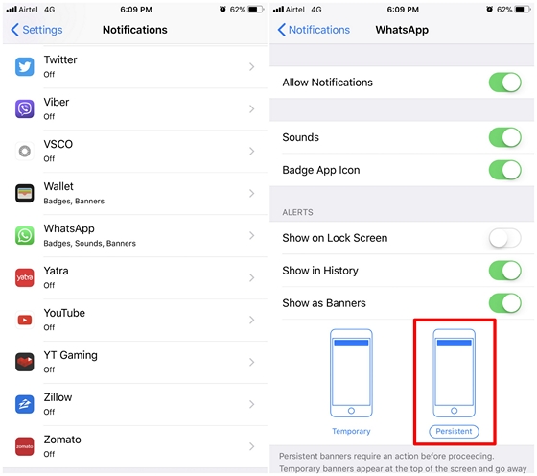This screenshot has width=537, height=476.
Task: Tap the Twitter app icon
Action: click(25, 66)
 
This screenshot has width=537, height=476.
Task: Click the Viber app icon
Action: click(25, 109)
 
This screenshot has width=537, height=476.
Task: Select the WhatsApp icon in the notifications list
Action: click(25, 235)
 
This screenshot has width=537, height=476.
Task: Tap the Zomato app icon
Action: click(25, 446)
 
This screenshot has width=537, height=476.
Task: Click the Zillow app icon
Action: click(25, 404)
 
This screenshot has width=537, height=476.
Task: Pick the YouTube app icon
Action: click(25, 320)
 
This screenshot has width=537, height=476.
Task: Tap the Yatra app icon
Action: click(25, 277)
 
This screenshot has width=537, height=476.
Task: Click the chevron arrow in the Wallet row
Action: click(251, 193)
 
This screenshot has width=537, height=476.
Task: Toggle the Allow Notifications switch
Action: click(504, 83)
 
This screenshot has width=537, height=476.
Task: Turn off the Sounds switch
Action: click(504, 137)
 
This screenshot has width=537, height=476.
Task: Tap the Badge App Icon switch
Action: click(504, 170)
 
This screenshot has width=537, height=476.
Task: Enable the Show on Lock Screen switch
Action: click(504, 238)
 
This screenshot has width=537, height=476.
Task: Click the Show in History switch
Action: click(504, 271)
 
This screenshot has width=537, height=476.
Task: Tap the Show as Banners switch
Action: click(504, 303)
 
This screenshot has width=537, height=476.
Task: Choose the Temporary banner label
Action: click(351, 431)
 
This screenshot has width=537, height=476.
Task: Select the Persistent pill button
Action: click(454, 431)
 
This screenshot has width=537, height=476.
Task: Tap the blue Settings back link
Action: click(36, 30)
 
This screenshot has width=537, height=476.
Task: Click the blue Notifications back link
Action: click(314, 30)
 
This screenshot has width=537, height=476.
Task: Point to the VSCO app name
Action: click(58, 144)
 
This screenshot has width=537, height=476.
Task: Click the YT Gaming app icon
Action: click(25, 362)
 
